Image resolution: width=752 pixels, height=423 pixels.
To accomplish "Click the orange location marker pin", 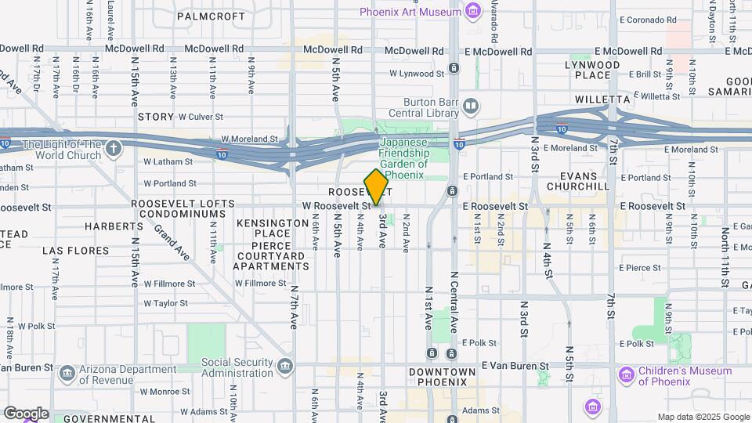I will coord(377,187).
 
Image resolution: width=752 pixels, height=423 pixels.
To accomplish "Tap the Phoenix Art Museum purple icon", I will coord(472,11).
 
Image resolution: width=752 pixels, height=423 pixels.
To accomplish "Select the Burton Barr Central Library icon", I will coord(470,106).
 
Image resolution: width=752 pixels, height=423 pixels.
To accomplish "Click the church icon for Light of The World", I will coord(114,149).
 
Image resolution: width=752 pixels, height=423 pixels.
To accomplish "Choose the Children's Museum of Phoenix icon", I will coord(626,374).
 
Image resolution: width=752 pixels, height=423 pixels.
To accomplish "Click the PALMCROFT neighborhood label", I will coord(206,16).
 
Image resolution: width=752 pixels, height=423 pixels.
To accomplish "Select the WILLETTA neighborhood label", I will coord(602,99).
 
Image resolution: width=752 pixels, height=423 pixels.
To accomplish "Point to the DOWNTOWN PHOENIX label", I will coord(442,377).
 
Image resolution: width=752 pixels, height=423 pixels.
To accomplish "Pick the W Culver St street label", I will coord(201,117).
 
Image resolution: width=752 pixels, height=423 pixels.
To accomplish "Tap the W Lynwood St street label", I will coord(417,74).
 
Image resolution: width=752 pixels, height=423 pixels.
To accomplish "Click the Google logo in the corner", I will coord(26,413).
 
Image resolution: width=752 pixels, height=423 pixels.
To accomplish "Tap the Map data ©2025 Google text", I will coord(703,417).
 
